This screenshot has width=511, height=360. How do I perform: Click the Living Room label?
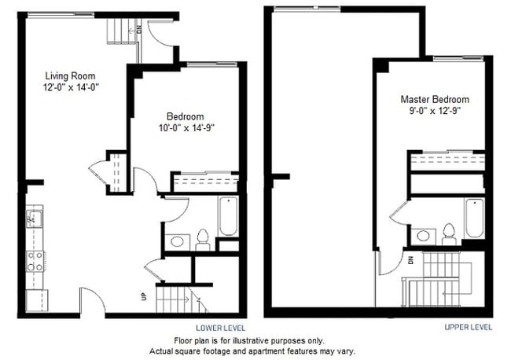point(70,76)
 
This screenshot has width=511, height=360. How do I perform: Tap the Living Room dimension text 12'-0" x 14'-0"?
point(70,88)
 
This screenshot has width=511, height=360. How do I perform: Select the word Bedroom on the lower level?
point(186,116)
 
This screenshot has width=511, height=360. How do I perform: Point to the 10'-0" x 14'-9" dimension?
point(186,128)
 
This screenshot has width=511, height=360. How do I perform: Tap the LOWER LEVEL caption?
point(220,327)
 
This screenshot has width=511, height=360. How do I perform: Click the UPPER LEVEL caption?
point(468,327)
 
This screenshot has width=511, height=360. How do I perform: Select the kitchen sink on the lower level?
point(33,219)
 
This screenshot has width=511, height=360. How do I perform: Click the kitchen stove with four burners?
point(35,259)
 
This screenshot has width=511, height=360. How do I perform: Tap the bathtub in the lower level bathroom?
point(228,215)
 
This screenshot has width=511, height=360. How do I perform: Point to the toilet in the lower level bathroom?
point(202,238)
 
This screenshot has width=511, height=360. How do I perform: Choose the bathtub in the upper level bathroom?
point(474,218)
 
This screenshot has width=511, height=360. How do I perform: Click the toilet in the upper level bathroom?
point(449,233)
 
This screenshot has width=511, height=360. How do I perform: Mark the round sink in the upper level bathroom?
point(424,234)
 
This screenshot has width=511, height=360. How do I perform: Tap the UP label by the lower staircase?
point(143,297)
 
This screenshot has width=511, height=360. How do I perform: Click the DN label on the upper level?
point(410,259)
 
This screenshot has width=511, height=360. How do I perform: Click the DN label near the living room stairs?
point(138,30)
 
